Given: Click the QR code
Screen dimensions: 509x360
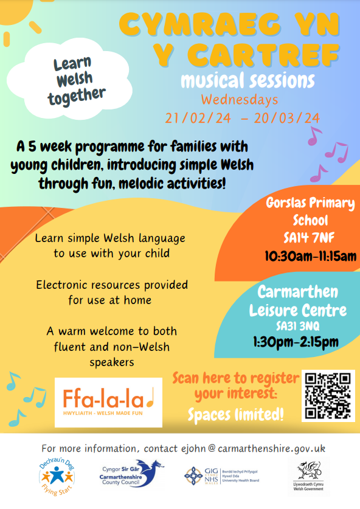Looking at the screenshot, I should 328,396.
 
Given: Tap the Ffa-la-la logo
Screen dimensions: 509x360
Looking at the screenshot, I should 108,402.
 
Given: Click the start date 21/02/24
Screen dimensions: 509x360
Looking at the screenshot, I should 198,117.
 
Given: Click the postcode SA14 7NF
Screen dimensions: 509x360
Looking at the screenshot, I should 310,237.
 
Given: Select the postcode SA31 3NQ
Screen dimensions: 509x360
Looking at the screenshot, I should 297,327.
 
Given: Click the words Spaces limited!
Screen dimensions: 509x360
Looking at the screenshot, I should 235,415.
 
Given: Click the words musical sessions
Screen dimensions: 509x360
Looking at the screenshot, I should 247,80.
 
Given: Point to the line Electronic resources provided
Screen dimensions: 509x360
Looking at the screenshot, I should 112,285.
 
